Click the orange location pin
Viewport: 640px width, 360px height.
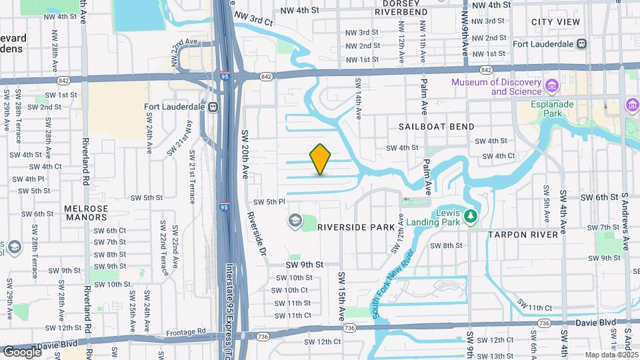[321, 159]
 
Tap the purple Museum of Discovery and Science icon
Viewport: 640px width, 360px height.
[551, 86]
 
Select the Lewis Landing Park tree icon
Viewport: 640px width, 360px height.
[471, 215]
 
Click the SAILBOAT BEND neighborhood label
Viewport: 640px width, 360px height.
[437, 127]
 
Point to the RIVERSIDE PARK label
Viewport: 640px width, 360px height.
[356, 227]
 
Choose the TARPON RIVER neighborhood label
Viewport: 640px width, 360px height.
[523, 235]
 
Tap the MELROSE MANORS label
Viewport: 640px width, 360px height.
[86, 213]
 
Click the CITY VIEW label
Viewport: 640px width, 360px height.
[555, 22]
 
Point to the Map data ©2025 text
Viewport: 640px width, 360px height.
[611, 355]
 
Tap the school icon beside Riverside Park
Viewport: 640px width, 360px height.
[294, 220]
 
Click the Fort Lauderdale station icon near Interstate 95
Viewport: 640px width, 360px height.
[213, 107]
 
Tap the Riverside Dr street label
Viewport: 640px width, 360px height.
[257, 233]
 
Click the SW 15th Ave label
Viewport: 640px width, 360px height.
[342, 294]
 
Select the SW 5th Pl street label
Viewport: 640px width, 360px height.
[269, 202]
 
